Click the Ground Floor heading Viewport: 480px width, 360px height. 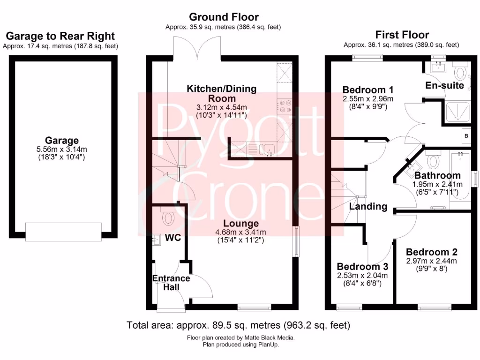point(223,18)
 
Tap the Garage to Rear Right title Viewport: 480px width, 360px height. point(60,37)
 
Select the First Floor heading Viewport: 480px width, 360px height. point(402,35)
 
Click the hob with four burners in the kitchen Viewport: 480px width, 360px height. point(285,107)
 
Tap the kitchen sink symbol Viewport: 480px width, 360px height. point(269,150)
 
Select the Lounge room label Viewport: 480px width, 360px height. point(241,224)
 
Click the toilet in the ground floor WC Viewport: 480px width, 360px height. point(168,217)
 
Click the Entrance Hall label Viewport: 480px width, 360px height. point(171,282)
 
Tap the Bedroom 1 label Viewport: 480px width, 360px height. point(368,90)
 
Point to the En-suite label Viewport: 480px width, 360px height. point(444,85)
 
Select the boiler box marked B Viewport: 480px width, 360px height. point(465,136)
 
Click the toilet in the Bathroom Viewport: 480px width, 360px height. point(433,161)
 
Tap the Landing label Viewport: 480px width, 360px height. point(368,206)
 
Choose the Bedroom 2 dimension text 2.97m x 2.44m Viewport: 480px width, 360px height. point(431,261)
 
